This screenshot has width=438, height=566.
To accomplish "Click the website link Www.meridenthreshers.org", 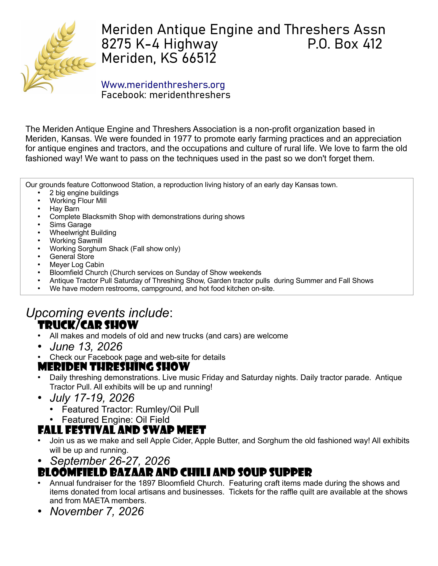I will point(163,85).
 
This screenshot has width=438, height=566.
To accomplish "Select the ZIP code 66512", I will point(199,58).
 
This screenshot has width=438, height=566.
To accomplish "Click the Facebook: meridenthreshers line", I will point(166,95).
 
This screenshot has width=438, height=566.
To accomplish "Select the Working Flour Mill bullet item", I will point(78,201).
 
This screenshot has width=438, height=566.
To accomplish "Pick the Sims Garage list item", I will point(70,225).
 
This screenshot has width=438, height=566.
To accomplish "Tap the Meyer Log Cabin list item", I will point(77,265).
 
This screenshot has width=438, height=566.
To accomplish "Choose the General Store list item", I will point(72,257).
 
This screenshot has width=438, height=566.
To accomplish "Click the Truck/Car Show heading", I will point(88,325).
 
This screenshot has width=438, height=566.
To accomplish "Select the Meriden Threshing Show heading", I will point(114,367).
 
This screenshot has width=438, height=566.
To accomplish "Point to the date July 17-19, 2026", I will point(92,398).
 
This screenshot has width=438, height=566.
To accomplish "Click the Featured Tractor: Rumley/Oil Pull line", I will point(130,409).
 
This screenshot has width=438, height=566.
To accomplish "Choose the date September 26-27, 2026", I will point(110,461).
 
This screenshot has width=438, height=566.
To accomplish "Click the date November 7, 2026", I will point(97,511).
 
